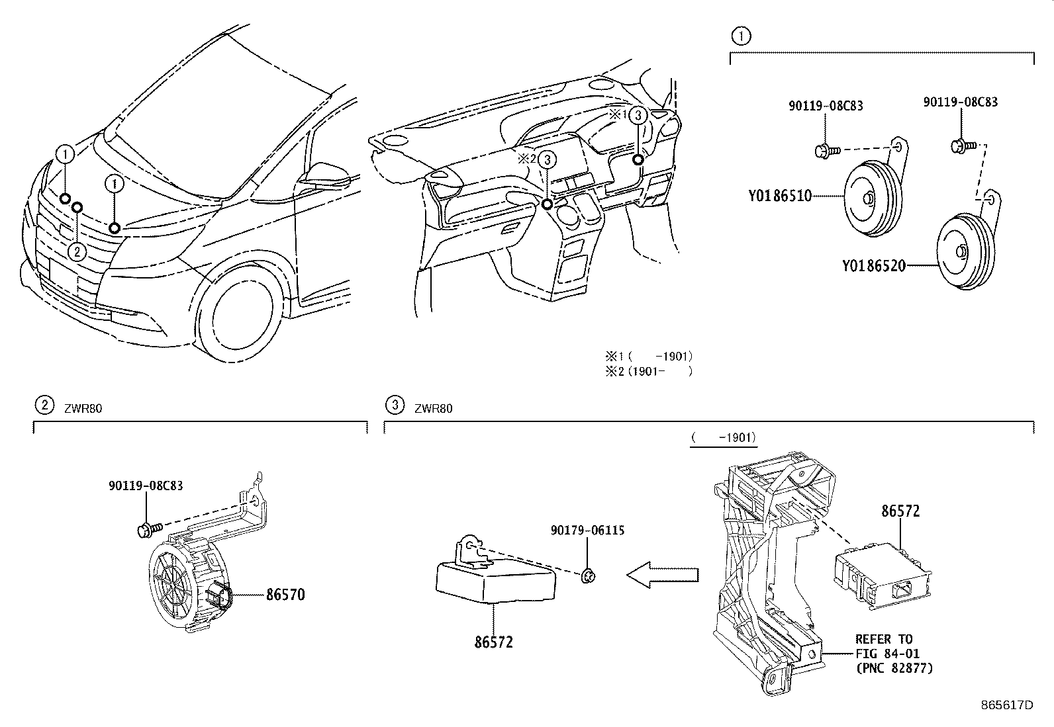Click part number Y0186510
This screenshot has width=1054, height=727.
pos(780,196)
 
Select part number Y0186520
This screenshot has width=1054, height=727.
pos(873,266)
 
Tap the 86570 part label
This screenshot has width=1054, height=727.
pos(285,595)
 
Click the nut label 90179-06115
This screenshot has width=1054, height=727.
pos(587,531)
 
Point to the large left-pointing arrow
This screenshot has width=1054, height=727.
pos(662,574)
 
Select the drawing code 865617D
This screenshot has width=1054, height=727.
pos(1007,705)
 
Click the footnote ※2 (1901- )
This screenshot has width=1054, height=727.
pos(648,371)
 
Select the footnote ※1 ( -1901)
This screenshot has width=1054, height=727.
pos(648,356)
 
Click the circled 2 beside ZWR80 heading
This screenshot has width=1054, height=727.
pos(44,405)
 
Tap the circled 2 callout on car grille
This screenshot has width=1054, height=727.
pos(77,251)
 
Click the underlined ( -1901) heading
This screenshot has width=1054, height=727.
pos(722,437)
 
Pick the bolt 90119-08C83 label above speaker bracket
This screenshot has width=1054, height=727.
pos(146,486)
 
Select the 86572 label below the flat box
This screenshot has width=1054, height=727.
pos(493,642)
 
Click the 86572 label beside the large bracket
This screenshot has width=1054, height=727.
pos(900,511)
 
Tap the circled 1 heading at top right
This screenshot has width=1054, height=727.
pos(741,36)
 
